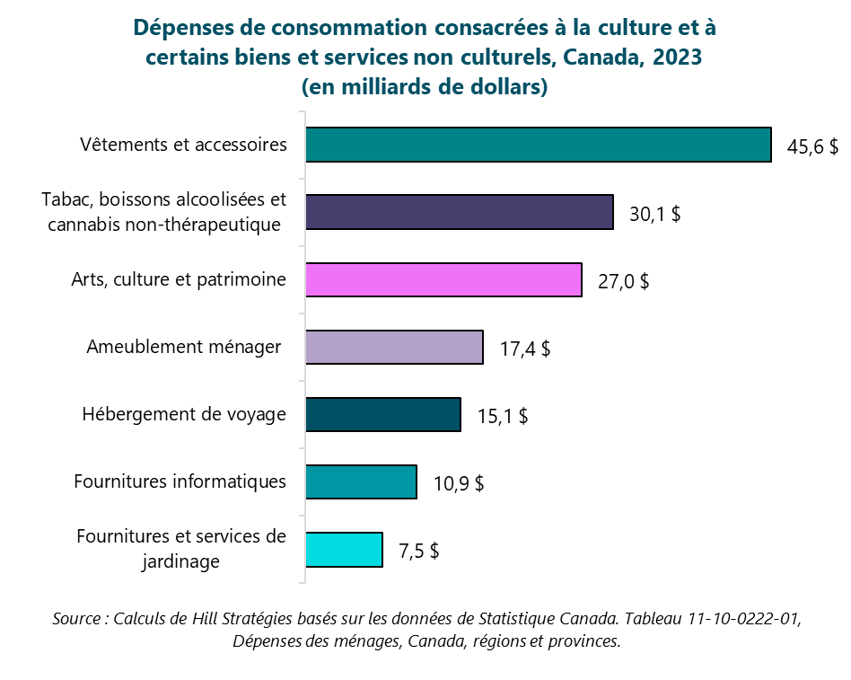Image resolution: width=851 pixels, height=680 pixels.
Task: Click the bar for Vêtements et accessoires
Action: [x=539, y=145]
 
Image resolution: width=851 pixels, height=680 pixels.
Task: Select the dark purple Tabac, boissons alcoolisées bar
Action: [x=460, y=212]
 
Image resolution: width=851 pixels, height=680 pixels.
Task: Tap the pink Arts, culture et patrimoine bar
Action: [x=443, y=279]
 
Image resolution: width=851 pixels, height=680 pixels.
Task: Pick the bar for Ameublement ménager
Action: [x=394, y=347]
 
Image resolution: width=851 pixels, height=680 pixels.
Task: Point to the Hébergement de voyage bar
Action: [x=383, y=415]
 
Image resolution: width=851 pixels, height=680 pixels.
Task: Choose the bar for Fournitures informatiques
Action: [x=361, y=481]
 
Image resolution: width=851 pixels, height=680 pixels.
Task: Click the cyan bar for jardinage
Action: [x=344, y=550]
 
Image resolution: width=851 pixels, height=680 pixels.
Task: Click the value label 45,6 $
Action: [x=812, y=147]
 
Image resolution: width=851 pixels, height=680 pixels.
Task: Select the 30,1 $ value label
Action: [x=654, y=215]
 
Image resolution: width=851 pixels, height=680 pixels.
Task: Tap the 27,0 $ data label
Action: [x=623, y=282]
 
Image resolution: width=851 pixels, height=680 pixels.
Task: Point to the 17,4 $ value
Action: [x=525, y=349]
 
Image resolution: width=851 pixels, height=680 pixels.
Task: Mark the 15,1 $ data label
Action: [x=502, y=417]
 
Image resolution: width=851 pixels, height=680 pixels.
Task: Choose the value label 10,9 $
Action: [x=459, y=484]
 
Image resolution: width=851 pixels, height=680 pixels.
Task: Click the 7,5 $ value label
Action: [x=418, y=552]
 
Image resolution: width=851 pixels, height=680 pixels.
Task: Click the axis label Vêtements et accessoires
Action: [x=183, y=145]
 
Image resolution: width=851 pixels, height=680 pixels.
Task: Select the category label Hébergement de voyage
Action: [x=184, y=414]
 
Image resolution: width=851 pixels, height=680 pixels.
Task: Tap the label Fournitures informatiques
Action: [x=180, y=481]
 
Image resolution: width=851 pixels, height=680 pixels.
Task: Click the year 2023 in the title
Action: [x=677, y=57]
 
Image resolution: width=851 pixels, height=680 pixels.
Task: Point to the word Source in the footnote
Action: [x=75, y=619]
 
